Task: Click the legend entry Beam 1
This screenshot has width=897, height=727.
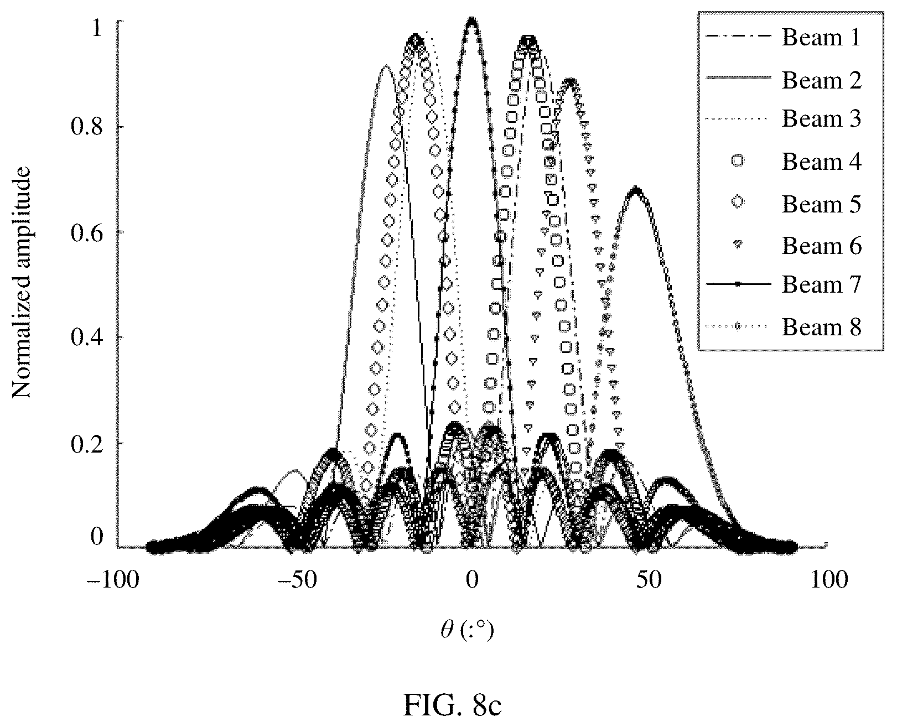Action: (x=821, y=37)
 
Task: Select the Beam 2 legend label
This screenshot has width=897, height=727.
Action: (x=822, y=80)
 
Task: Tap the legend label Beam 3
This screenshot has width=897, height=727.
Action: (x=822, y=119)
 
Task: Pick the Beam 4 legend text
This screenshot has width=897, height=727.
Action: (x=822, y=162)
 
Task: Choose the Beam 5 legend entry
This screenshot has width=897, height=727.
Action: (x=822, y=204)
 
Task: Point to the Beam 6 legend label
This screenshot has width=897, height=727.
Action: (x=822, y=246)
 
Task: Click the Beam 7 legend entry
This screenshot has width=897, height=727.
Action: (x=822, y=284)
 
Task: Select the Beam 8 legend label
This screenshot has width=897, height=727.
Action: (x=822, y=327)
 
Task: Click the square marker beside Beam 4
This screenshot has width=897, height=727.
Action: (x=738, y=161)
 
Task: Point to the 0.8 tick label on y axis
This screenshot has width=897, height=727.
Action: (x=87, y=127)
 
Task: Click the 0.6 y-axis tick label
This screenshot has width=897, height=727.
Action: (x=87, y=233)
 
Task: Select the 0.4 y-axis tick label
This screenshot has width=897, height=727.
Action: (x=87, y=338)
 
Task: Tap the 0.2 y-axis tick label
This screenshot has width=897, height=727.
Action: (x=87, y=444)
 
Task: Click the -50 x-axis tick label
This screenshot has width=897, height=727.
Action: (x=297, y=580)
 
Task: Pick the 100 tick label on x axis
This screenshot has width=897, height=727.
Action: (x=829, y=580)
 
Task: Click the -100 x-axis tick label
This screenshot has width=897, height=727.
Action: (x=112, y=580)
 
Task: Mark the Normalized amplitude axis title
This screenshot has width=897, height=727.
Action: (x=21, y=283)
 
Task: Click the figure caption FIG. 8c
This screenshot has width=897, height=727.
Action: (x=453, y=705)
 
